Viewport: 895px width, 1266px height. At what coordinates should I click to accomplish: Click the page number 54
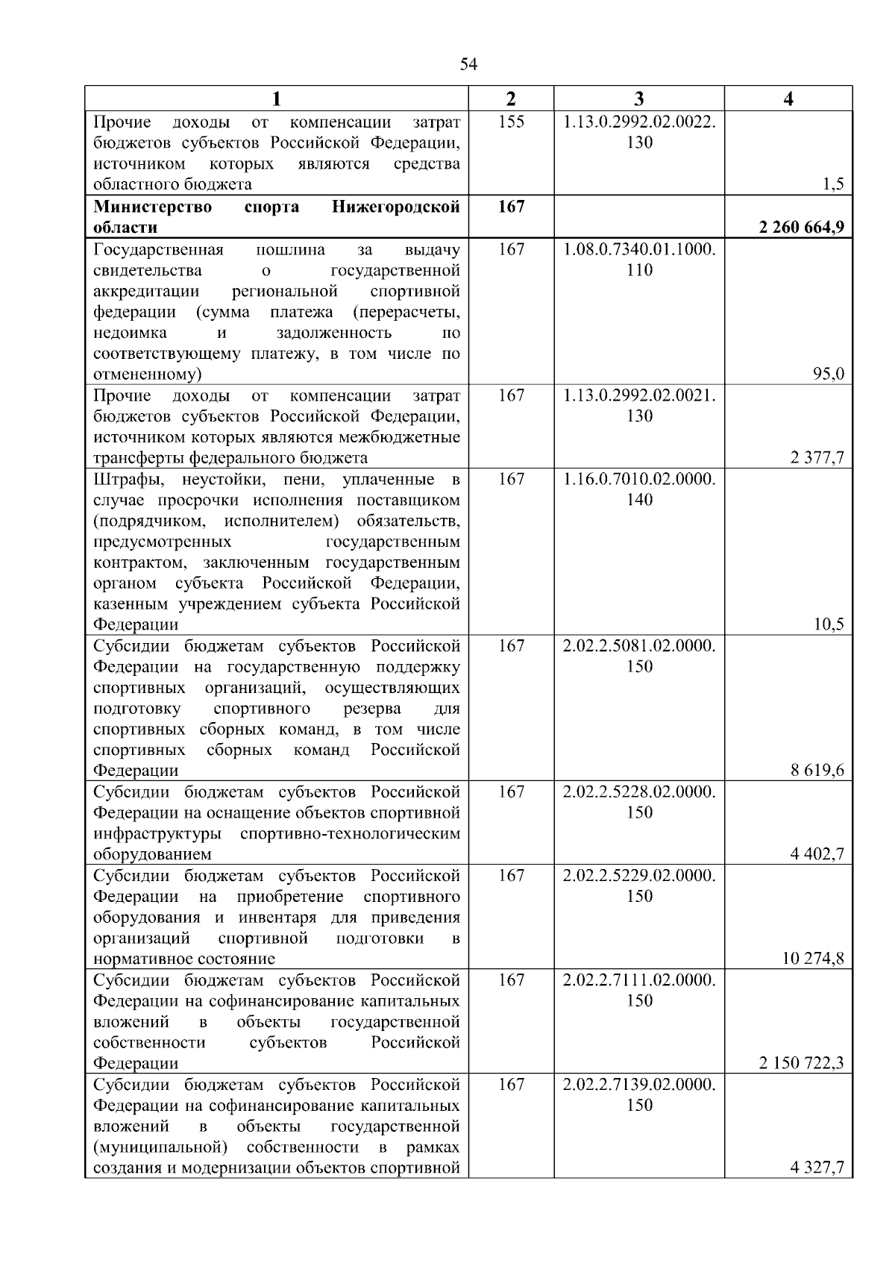click(x=468, y=65)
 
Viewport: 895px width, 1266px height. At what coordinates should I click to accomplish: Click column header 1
click(x=276, y=99)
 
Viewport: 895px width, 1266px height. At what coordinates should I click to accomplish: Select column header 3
click(x=639, y=99)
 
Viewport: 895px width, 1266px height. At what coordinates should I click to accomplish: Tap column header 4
click(x=788, y=99)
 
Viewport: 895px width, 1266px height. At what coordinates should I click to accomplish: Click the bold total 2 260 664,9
click(x=802, y=228)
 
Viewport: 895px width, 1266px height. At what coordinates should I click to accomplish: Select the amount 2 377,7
click(x=817, y=457)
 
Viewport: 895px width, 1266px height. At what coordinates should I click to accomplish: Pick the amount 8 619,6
click(x=817, y=771)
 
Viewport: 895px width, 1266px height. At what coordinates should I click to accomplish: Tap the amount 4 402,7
click(x=817, y=854)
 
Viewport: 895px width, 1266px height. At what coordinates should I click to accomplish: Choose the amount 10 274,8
click(x=813, y=959)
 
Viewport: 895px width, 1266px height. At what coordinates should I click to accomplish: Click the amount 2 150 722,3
click(x=802, y=1063)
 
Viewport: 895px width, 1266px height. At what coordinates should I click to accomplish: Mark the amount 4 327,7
click(x=817, y=1168)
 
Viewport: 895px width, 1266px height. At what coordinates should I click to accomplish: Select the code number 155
click(x=511, y=122)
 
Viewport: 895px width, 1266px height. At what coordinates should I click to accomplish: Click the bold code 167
click(x=511, y=206)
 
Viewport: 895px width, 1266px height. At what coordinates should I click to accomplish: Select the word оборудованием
click(x=152, y=854)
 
